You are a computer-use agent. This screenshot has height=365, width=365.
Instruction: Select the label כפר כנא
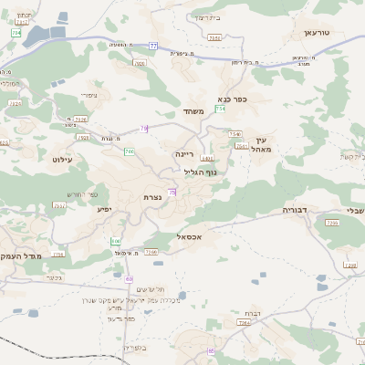(x=233, y=99)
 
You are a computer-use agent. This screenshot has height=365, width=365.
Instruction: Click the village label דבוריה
(x=297, y=209)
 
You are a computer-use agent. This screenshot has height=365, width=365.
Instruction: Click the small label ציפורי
(x=89, y=94)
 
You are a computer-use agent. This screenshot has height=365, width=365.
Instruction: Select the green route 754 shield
(x=220, y=109)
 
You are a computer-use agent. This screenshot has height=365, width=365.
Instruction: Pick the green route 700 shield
(x=130, y=151)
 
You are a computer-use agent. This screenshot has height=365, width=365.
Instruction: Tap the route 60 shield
(x=130, y=278)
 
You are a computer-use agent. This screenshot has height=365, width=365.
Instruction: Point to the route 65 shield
(x=212, y=350)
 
